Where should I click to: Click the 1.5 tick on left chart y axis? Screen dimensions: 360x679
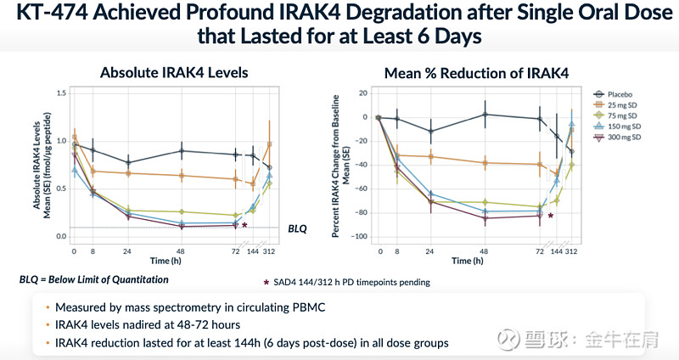(x=60, y=93)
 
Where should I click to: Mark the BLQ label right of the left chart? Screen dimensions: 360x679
(x=296, y=228)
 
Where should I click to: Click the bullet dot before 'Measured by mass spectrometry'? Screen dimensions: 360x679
(x=48, y=307)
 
